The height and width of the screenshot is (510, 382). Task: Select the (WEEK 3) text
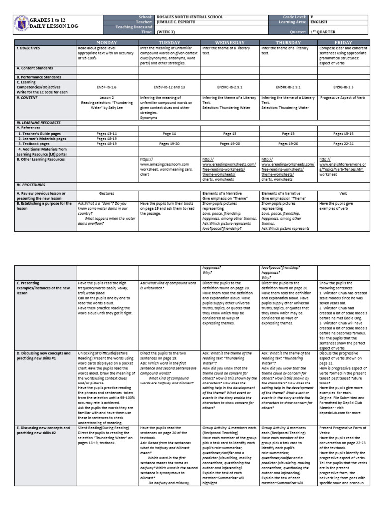tap(165, 32)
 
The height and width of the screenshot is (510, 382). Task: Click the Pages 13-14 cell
tap(107, 134)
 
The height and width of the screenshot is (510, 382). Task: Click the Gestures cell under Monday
tap(107, 192)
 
